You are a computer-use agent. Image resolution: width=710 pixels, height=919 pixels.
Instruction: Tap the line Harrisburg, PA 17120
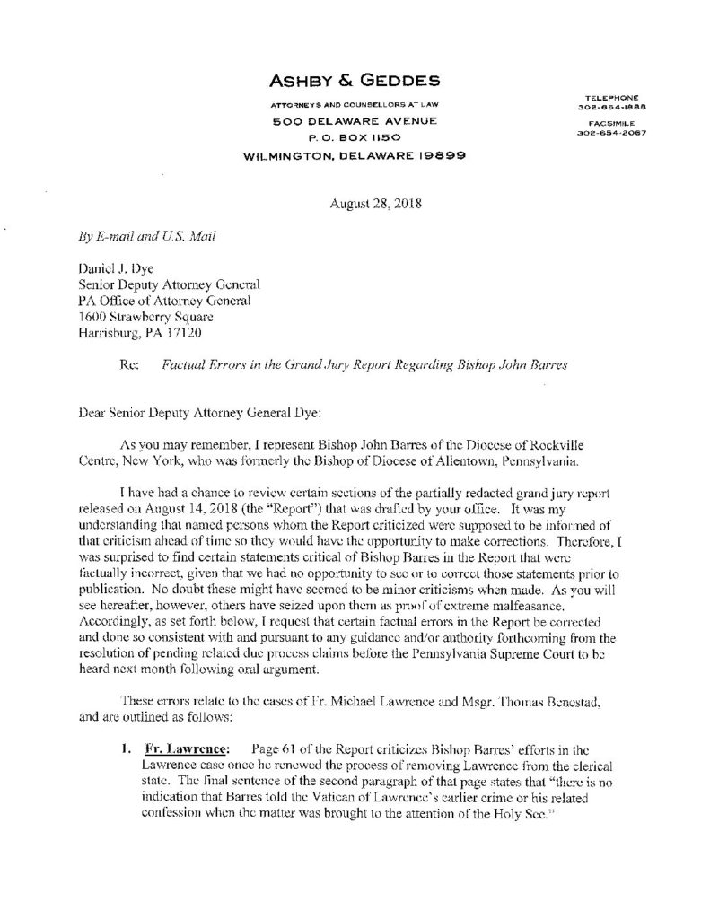(x=142, y=329)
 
